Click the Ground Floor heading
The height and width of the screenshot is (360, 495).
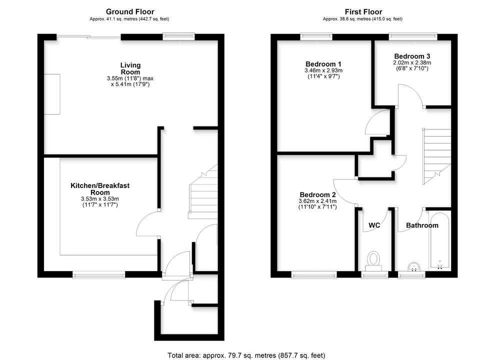pos(130,11)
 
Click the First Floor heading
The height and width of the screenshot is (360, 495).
pos(363,11)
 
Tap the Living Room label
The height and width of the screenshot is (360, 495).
pos(130,68)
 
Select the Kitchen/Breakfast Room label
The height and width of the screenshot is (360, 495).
pos(99,189)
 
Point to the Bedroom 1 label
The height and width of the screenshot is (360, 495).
pos(323,64)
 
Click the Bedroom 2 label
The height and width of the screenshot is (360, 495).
pos(317,194)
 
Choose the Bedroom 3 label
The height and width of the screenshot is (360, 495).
pos(412,56)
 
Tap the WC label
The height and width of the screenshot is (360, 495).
pos(374,225)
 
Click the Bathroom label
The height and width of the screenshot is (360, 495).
pos(422,225)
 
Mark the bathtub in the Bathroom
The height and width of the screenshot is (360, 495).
pos(440,241)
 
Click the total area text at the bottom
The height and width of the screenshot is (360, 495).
pos(246,355)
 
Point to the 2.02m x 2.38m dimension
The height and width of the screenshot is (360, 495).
pos(412,63)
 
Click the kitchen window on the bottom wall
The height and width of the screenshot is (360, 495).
pos(98,274)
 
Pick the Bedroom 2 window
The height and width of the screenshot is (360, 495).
pos(314,274)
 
